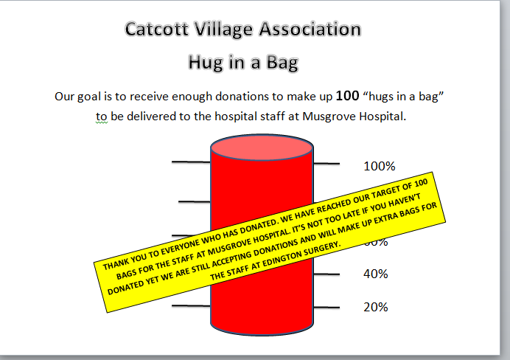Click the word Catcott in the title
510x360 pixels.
pos(156,30)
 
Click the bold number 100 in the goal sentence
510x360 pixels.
pos(348,96)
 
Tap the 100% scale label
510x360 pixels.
pos(380,166)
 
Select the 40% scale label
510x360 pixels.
pos(376,274)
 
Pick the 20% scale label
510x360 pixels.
pos(376,307)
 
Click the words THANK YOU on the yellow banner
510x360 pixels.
pos(122,260)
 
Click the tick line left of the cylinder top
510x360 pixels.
pos(191,161)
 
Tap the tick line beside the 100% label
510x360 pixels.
pos(329,163)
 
